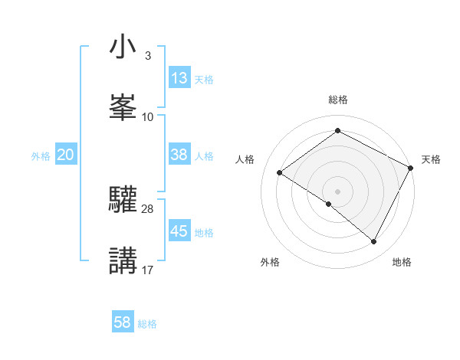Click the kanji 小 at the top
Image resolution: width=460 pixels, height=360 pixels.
point(123,47)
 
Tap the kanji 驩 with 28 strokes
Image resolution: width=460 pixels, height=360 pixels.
point(123,200)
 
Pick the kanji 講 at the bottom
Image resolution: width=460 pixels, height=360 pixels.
point(123,260)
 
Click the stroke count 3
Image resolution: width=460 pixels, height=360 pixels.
point(147,56)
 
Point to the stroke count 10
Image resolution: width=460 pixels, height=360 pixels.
point(148,116)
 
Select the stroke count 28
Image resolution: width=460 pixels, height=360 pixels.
point(148,209)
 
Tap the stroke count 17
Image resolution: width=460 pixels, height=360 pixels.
point(148,270)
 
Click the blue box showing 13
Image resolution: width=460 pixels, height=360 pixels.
point(179,78)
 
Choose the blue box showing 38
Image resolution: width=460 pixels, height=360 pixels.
point(179,155)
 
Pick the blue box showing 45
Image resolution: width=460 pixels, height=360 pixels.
point(179,231)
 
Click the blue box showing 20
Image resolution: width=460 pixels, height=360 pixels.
point(65,155)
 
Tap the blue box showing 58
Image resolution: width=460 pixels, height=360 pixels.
point(123,323)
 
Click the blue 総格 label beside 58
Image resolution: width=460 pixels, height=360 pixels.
point(147,324)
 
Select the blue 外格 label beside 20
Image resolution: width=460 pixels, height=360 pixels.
point(41,155)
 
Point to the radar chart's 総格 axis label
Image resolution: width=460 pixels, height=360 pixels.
point(338,100)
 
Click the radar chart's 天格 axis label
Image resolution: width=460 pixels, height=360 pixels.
point(431,159)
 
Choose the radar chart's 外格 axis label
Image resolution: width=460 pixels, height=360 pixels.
point(270,262)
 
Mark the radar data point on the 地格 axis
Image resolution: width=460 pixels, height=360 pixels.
point(374,242)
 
